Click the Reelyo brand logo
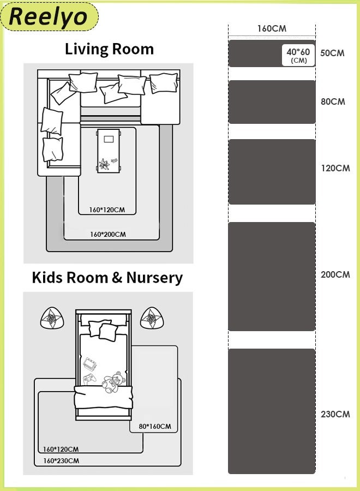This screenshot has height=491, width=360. click(49, 16)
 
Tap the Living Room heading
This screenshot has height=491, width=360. click(109, 49)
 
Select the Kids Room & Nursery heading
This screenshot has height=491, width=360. click(107, 278)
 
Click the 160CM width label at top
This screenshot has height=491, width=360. click(272, 28)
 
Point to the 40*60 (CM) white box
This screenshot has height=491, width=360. click(298, 55)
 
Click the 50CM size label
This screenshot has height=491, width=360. click(333, 53)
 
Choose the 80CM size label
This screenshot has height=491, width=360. click(333, 101)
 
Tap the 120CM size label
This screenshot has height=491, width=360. click(335, 169)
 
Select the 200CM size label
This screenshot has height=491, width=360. click(335, 275)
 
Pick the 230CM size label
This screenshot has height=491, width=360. click(335, 415)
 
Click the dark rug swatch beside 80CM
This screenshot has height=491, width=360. click(272, 102)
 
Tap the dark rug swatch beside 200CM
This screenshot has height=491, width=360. click(272, 277)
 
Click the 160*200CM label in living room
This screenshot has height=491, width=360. click(108, 235)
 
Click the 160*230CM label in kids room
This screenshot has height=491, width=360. click(61, 461)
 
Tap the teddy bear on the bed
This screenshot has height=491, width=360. click(113, 382)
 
